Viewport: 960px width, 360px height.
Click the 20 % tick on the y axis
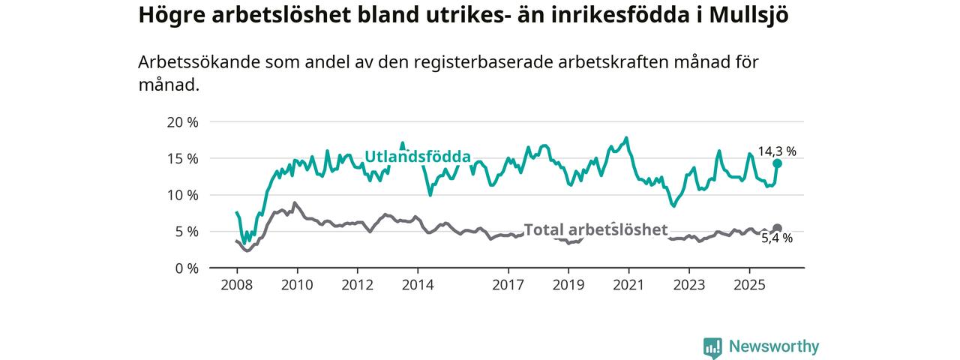point(181,122)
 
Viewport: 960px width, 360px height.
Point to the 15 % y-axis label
point(181,159)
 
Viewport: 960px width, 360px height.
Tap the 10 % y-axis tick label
point(181,195)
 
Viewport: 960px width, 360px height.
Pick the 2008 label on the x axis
point(236,285)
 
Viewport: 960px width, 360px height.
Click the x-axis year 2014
point(417,285)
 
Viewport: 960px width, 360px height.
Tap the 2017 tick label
point(508,285)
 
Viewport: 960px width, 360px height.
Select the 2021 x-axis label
point(628,285)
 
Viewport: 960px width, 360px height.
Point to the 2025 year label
point(748,285)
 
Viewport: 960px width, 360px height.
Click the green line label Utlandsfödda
point(418,157)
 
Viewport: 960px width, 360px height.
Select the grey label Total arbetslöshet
point(595,229)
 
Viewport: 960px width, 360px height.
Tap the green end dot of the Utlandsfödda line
point(777,163)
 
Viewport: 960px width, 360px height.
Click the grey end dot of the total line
point(777,228)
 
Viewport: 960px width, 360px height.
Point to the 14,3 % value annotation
point(777,151)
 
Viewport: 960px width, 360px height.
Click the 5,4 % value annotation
point(777,238)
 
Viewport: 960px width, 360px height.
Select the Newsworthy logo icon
point(712,347)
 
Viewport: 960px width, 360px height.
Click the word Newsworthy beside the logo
point(774,346)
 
